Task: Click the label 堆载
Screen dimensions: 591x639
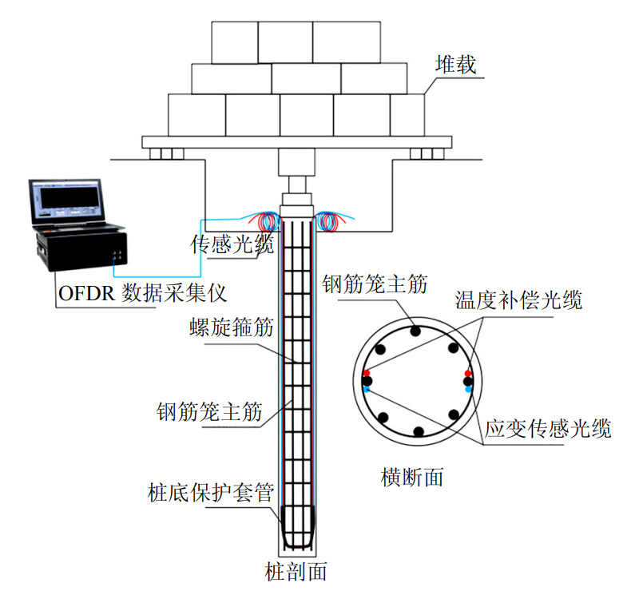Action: coord(455,64)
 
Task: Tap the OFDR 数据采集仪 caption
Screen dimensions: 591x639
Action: coord(142,293)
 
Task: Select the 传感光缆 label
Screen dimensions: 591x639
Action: coord(232,244)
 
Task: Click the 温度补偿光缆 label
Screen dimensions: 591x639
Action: coord(518,301)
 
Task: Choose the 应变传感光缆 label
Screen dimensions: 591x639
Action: coord(548,429)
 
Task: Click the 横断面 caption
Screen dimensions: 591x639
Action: coord(412,478)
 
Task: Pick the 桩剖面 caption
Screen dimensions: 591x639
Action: coord(296,572)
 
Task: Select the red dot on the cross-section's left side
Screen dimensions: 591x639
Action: coord(367,373)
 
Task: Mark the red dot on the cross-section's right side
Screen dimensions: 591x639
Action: coord(468,373)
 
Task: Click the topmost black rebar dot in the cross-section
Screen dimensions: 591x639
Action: coord(417,331)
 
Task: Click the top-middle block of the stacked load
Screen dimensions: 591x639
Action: coord(285,42)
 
